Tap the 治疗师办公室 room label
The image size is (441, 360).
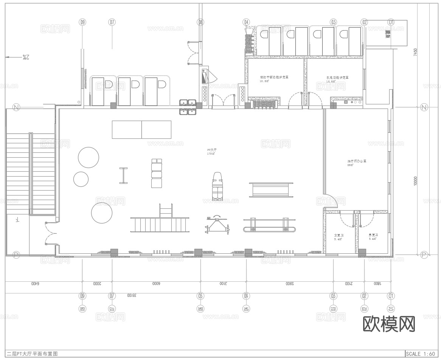tap(357, 163)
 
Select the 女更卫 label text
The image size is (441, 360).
tap(339, 237)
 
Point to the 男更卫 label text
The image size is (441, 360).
tap(373, 237)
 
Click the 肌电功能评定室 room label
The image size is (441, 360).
tap(337, 79)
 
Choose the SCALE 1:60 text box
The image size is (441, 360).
tap(420, 354)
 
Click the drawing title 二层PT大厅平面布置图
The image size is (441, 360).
tap(32, 354)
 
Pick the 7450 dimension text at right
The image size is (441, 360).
tap(415, 52)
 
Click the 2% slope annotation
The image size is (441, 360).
tap(25, 57)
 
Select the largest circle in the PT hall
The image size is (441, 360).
tap(102, 213)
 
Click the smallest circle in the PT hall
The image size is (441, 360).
tap(81, 179)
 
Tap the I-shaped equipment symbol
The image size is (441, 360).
tap(123, 175)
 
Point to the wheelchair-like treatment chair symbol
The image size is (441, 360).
tap(217, 186)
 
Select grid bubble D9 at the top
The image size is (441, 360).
tap(82, 22)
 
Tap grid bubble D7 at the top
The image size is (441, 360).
tap(112, 22)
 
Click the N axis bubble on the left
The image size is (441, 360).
tap(16, 107)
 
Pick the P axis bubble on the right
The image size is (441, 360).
tap(424, 255)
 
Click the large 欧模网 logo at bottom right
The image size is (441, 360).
tap(389, 324)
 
